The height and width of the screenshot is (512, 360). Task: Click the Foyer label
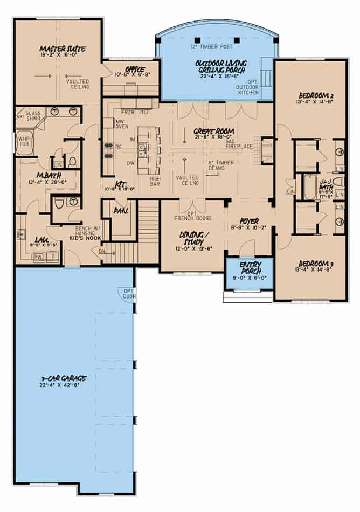[x=249, y=221]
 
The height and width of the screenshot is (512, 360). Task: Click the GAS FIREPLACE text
[x=239, y=140]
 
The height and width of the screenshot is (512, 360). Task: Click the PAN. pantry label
[x=120, y=211]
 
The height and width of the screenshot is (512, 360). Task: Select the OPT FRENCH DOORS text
[x=192, y=215]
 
